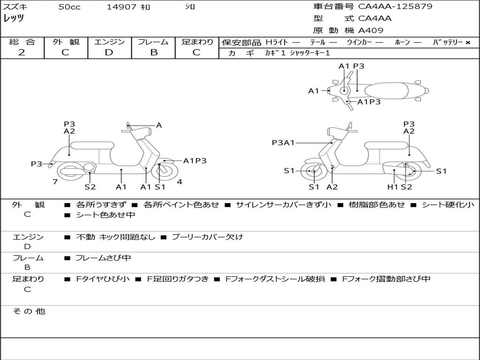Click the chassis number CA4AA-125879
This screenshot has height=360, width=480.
point(395,6)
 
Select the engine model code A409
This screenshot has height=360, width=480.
point(371,30)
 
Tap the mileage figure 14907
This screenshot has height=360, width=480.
point(121,7)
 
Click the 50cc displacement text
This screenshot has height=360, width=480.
point(69,7)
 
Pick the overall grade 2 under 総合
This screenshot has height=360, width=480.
point(22,52)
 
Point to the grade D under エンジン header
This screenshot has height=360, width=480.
point(109,52)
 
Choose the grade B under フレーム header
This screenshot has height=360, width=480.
point(154,52)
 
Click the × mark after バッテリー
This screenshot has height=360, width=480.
point(468,43)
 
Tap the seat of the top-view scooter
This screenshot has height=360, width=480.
point(386,90)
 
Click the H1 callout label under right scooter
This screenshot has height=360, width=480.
point(393,187)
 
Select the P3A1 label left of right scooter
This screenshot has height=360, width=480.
point(283,142)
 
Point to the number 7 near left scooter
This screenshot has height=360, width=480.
point(55,182)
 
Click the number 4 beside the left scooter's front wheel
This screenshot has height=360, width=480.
point(180,182)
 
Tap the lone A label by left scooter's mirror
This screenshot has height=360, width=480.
point(159,125)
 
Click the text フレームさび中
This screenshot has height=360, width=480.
point(103,258)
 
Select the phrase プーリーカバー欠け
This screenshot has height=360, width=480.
point(208,237)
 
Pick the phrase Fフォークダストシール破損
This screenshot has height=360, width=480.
point(275,279)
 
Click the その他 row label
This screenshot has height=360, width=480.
point(29,311)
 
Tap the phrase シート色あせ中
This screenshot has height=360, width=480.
point(105,215)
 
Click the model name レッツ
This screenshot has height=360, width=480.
point(14,18)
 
